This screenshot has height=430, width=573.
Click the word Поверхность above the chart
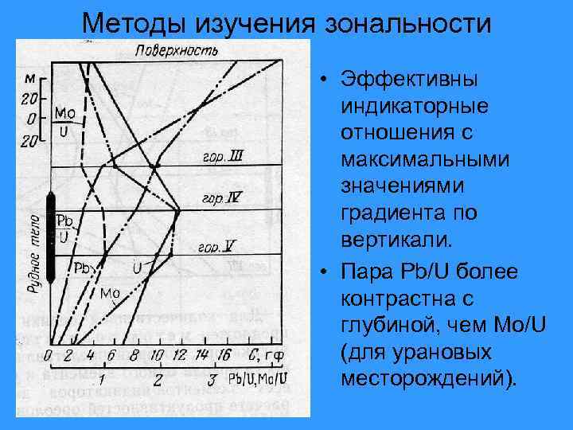(x=177, y=51)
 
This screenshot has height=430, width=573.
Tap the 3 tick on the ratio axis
(x=212, y=377)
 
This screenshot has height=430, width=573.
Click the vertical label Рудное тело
(x=34, y=252)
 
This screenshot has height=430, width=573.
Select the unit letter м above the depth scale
(x=29, y=79)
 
